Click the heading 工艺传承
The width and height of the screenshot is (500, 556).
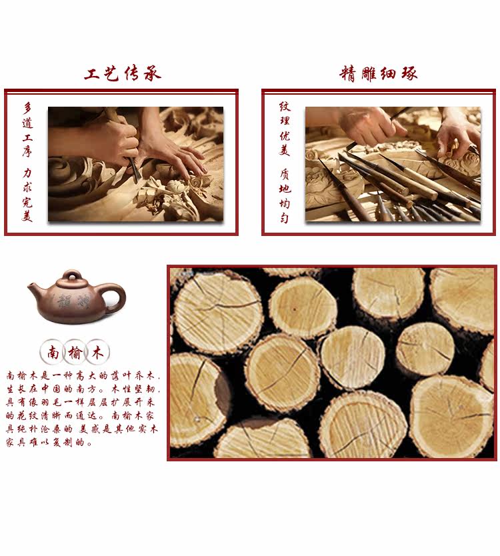(123, 74)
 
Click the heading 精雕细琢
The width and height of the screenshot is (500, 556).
(379, 74)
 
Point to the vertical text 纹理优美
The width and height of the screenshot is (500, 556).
(285, 129)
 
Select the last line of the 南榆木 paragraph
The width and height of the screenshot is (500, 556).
(49, 442)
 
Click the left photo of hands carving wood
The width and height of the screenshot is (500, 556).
(135, 163)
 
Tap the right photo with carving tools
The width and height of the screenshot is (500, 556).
(393, 163)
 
